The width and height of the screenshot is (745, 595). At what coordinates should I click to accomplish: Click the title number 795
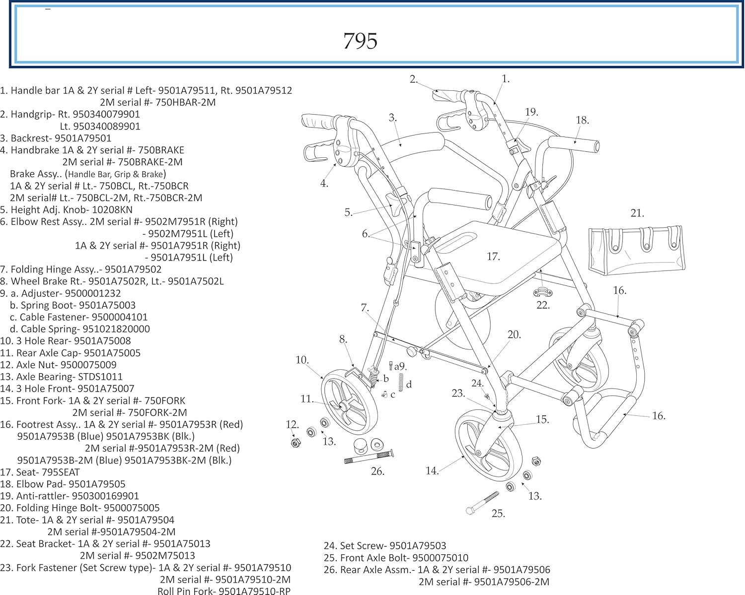point(361,41)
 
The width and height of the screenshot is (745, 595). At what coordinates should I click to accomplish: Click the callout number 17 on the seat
point(493,257)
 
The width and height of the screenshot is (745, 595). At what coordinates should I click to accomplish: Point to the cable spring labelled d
point(401,382)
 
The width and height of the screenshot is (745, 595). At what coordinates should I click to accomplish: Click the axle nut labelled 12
point(296,442)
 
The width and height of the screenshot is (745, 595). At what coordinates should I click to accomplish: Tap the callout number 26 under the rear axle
point(377,471)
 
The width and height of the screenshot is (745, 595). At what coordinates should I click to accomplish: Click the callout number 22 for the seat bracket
point(543,305)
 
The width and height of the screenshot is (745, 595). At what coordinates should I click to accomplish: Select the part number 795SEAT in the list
point(61,472)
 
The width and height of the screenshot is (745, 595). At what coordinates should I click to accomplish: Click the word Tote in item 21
point(27,520)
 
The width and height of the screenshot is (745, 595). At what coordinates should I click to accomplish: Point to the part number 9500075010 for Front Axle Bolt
point(440,558)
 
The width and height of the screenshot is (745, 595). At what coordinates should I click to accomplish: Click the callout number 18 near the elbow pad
point(582,120)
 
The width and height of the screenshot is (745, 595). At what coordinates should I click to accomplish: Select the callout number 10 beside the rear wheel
point(301,360)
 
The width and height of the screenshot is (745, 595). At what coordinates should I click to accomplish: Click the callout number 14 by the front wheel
point(432,470)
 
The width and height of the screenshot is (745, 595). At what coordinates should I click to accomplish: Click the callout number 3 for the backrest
point(392,118)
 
